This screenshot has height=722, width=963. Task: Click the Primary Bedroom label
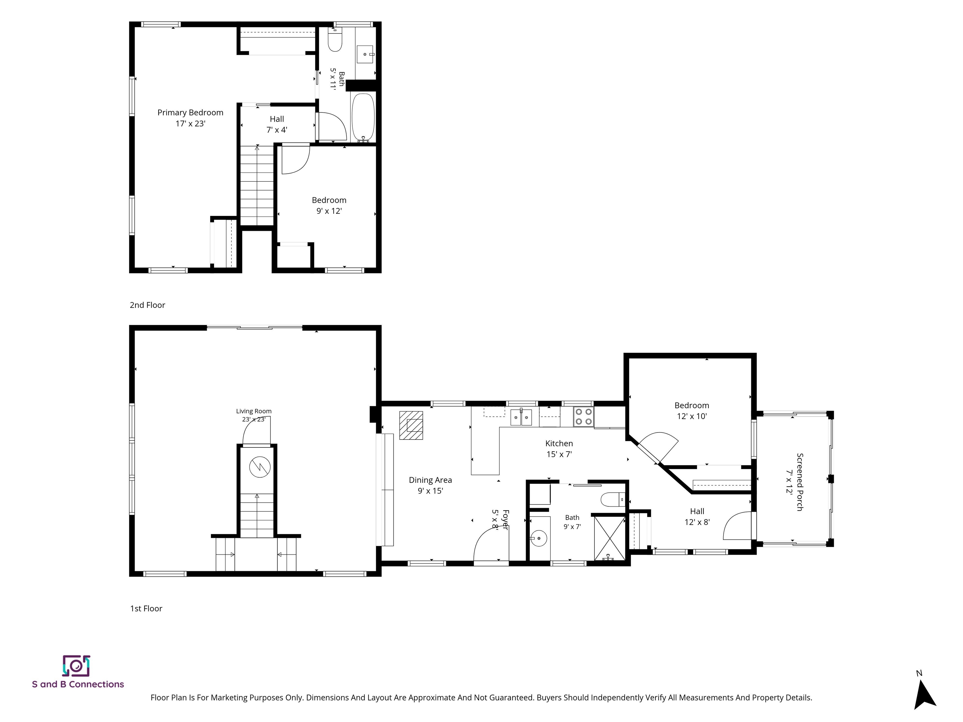pyautogui.click(x=190, y=118)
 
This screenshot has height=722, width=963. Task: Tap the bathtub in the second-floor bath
pyautogui.click(x=363, y=118)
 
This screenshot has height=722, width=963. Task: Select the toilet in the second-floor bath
pyautogui.click(x=335, y=40)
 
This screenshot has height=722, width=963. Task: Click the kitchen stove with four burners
pyautogui.click(x=583, y=416)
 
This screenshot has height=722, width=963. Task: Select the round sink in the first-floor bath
pyautogui.click(x=539, y=538)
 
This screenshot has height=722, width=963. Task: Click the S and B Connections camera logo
pyautogui.click(x=76, y=666)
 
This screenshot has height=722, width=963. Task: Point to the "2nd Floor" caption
pyautogui.click(x=148, y=305)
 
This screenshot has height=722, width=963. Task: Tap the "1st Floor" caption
pyautogui.click(x=146, y=609)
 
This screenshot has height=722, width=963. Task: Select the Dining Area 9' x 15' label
pyautogui.click(x=430, y=485)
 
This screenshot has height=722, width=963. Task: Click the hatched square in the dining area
pyautogui.click(x=411, y=425)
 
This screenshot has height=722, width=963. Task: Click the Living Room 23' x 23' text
pyautogui.click(x=254, y=415)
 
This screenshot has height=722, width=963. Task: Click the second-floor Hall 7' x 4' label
pyautogui.click(x=277, y=124)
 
